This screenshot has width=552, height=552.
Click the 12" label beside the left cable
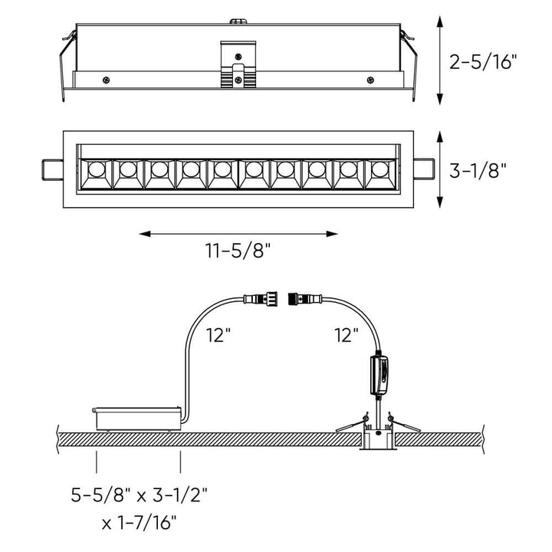tap(219, 334)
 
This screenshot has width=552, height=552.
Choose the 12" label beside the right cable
tap(346, 334)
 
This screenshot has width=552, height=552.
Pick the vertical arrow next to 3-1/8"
tap(439, 169)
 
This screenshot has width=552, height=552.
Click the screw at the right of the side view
tap(371, 78)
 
